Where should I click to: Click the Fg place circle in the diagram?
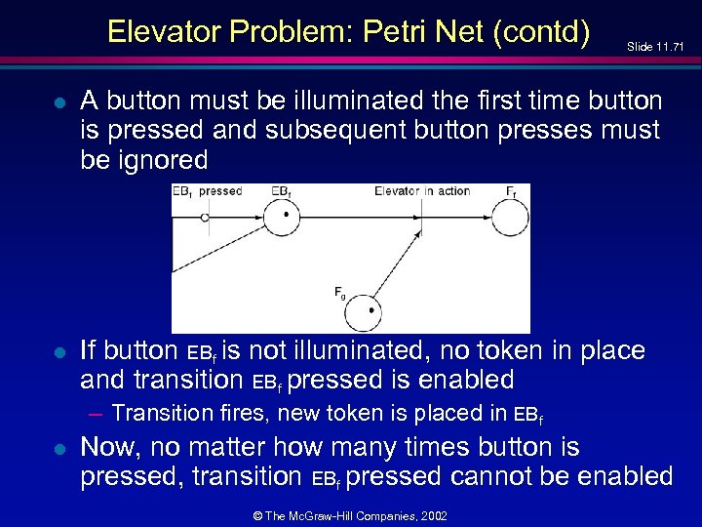[x=370, y=310]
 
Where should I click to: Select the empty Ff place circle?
[x=511, y=218]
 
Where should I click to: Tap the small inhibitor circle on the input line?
[x=205, y=218]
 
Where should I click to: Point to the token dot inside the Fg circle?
[x=371, y=311]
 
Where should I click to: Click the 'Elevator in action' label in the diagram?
[x=422, y=191]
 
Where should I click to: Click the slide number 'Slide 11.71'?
[x=662, y=46]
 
